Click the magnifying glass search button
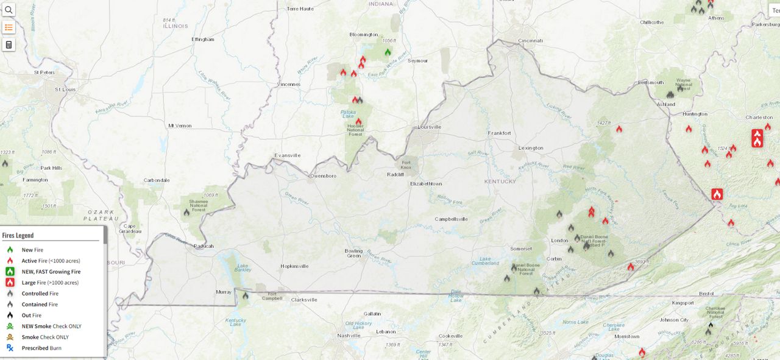point(9,9)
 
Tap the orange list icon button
point(9,27)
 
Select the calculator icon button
point(9,44)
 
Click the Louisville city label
point(429,127)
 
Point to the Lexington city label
point(530,148)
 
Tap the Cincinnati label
point(530,40)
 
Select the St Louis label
point(65,89)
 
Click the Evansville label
point(287,155)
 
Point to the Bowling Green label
point(353,253)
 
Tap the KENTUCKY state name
point(500,181)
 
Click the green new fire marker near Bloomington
point(388,52)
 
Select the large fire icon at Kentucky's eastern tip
point(717,194)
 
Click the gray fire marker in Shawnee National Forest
point(186,213)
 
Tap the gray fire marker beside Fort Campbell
point(245,295)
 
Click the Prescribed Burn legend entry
point(41,348)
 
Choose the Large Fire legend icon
point(10,283)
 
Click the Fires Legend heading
point(18,235)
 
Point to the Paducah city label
point(204,246)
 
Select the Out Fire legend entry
point(31,316)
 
